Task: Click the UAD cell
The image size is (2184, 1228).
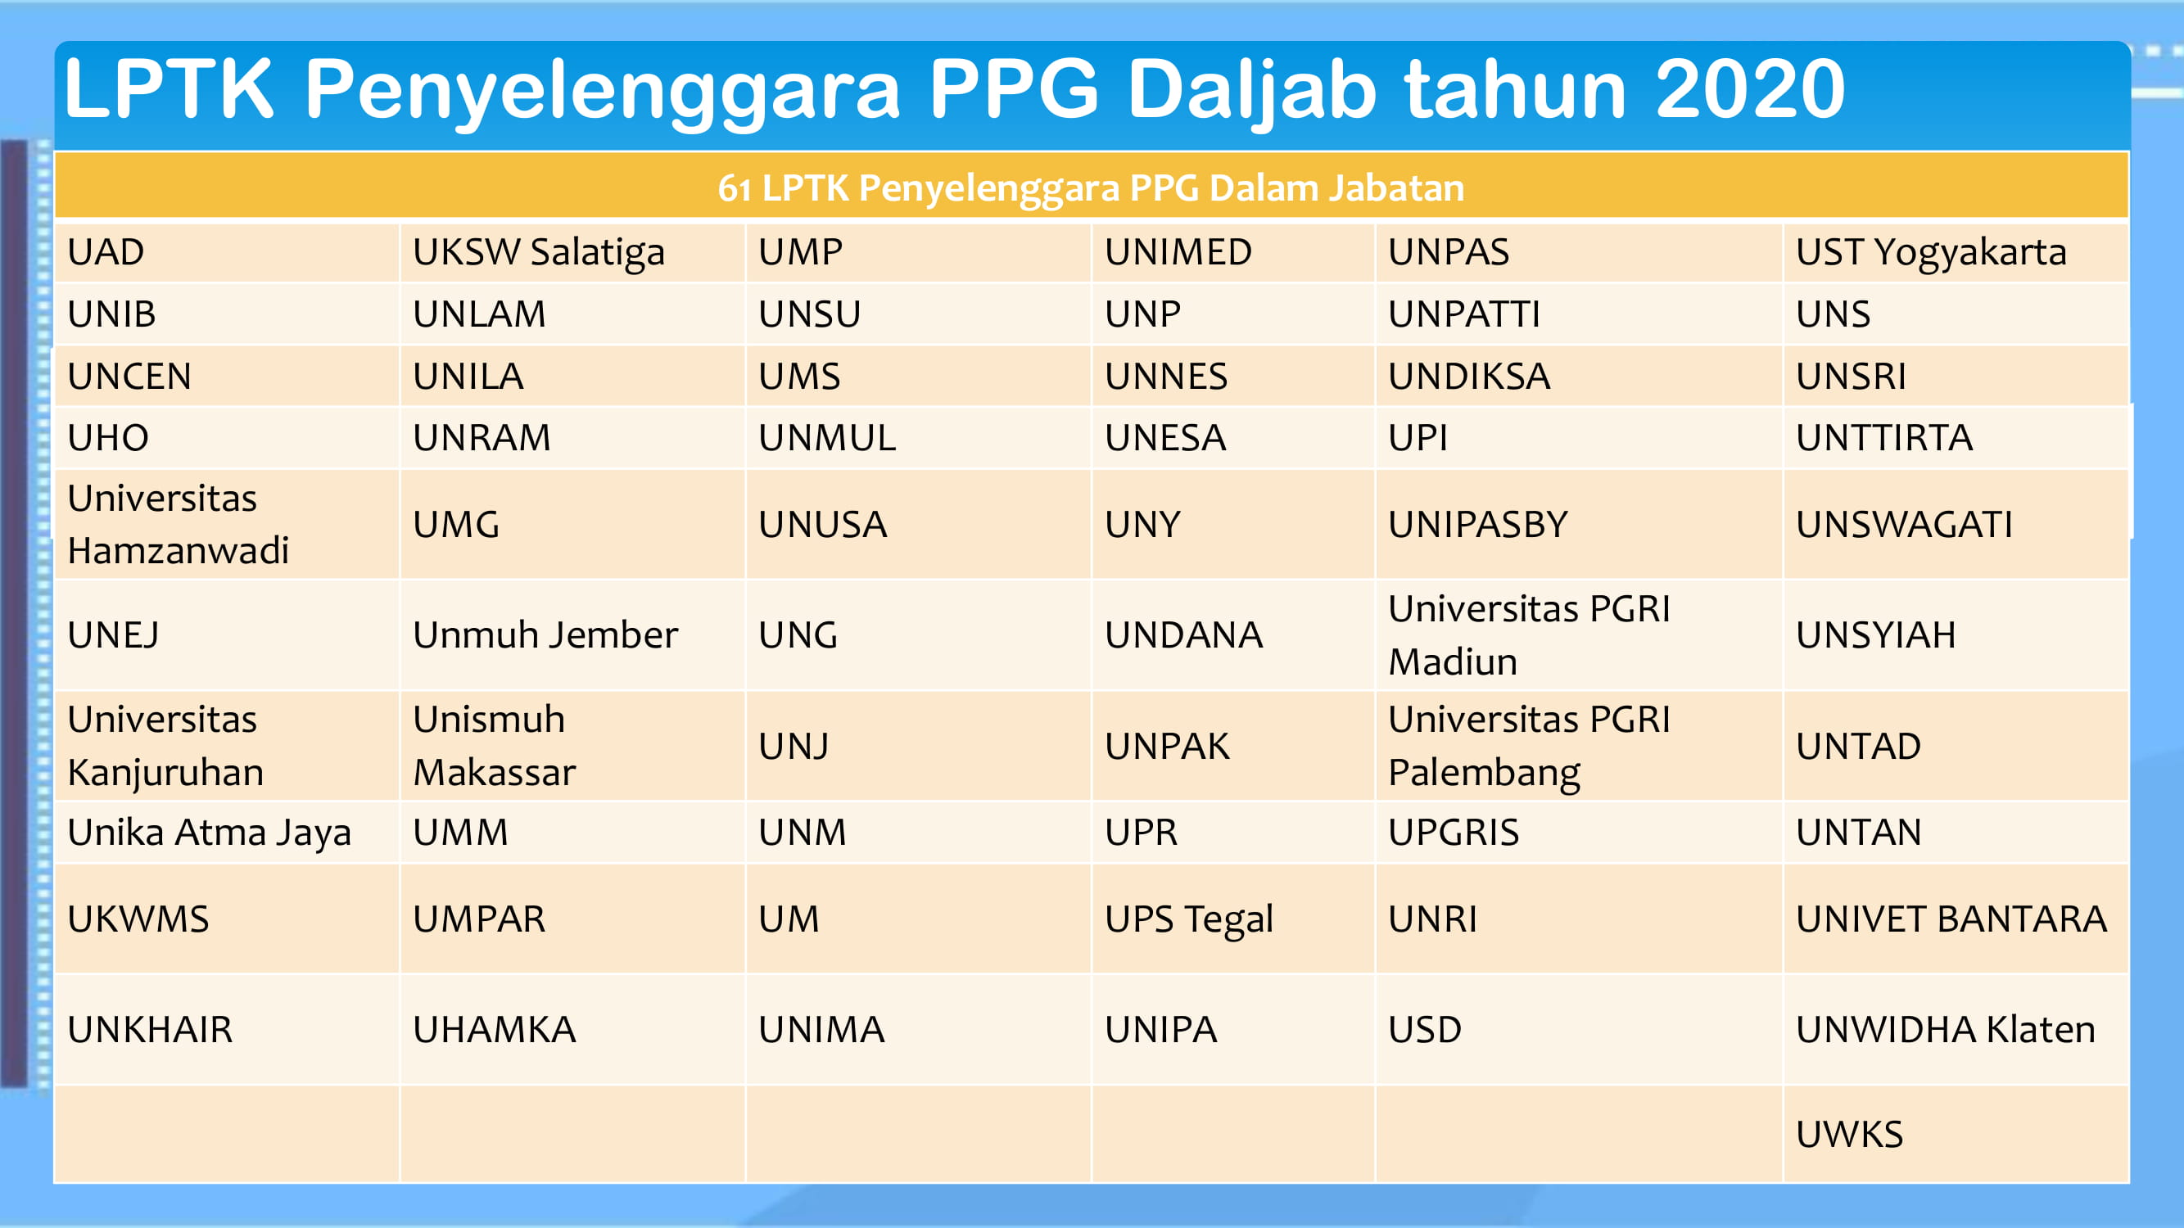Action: point(226,251)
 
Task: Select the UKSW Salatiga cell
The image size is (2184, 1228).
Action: point(572,251)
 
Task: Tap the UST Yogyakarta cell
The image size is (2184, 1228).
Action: point(1955,251)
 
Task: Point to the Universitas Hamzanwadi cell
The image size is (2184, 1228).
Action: point(226,525)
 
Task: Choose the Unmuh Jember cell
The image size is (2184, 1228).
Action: point(572,634)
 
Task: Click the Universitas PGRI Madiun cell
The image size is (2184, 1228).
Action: point(1579,634)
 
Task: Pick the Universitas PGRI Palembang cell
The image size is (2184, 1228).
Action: point(1579,746)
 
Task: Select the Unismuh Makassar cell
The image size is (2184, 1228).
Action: point(572,746)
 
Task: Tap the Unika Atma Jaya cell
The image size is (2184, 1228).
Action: point(226,833)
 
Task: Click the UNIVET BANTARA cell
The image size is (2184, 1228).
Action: point(1955,919)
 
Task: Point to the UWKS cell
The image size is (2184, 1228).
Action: point(1955,1134)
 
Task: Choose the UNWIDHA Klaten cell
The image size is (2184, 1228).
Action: point(1955,1030)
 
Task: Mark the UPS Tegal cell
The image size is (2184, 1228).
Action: point(1232,919)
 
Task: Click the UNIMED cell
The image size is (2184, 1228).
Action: point(1232,251)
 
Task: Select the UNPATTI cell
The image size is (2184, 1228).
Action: point(1579,314)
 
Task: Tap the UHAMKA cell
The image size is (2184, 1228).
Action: point(572,1030)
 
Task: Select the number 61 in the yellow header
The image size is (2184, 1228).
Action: point(735,189)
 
